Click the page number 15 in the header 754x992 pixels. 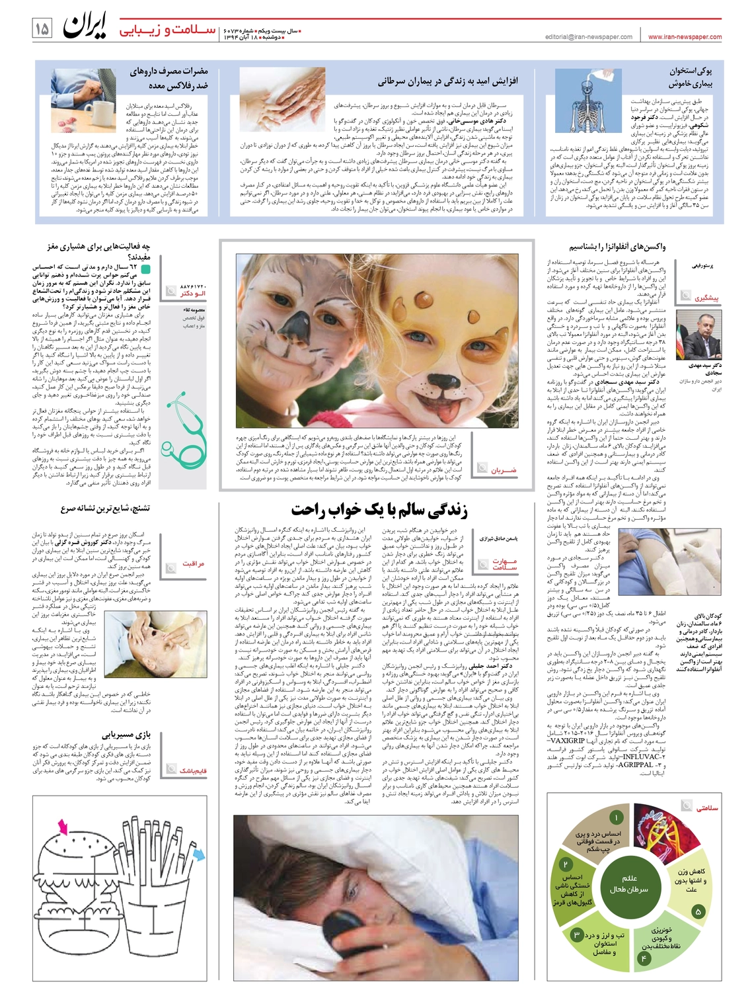42,29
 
